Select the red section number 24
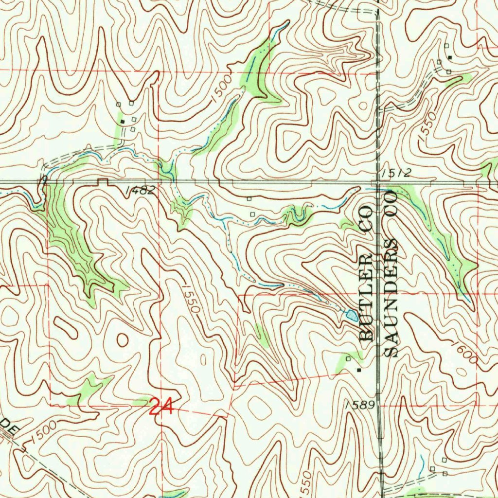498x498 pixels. [x=160, y=407]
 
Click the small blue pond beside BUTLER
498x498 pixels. [x=351, y=316]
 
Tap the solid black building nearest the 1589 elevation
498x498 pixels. [x=359, y=370]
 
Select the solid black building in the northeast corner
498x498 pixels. [x=450, y=57]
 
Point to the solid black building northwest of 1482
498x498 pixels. [x=123, y=121]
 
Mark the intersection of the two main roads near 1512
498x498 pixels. [x=378, y=182]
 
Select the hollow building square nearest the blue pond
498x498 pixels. [x=348, y=358]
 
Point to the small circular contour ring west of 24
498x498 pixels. [x=122, y=339]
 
